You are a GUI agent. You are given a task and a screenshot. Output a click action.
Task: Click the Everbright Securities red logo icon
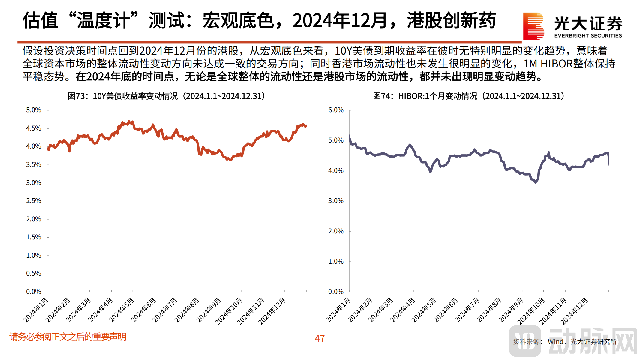pyautogui.click(x=533, y=26)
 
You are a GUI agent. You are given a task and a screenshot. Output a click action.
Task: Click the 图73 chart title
pyautogui.click(x=166, y=96)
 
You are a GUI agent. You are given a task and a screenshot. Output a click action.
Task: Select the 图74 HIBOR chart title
pyautogui.click(x=468, y=96)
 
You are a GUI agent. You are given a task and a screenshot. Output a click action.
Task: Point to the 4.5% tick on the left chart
pyautogui.click(x=33, y=128)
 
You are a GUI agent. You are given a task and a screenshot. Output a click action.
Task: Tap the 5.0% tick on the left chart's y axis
pyautogui.click(x=33, y=110)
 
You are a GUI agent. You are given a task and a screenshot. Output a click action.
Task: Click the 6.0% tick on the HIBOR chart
pyautogui.click(x=335, y=110)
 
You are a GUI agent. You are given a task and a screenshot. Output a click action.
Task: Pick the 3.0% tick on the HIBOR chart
pyautogui.click(x=335, y=201)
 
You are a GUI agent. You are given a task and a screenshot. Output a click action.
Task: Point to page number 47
pyautogui.click(x=320, y=339)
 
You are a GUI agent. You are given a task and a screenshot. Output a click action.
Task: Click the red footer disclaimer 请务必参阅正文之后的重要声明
pyautogui.click(x=68, y=337)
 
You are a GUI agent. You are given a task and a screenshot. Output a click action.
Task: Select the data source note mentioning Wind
pyautogui.click(x=565, y=342)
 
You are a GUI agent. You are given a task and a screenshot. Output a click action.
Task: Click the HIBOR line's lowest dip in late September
pyautogui.click(x=535, y=182)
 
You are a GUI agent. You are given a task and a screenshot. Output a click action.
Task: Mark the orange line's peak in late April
pyautogui.click(x=129, y=121)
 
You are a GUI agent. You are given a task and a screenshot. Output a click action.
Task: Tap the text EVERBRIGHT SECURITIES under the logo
pyautogui.click(x=588, y=36)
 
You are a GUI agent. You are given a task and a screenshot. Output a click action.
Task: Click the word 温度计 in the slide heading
pyautogui.click(x=103, y=21)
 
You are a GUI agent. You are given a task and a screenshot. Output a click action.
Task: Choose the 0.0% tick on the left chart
pyautogui.click(x=33, y=292)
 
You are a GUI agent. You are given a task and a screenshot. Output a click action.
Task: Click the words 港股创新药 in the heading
pyautogui.click(x=451, y=21)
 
